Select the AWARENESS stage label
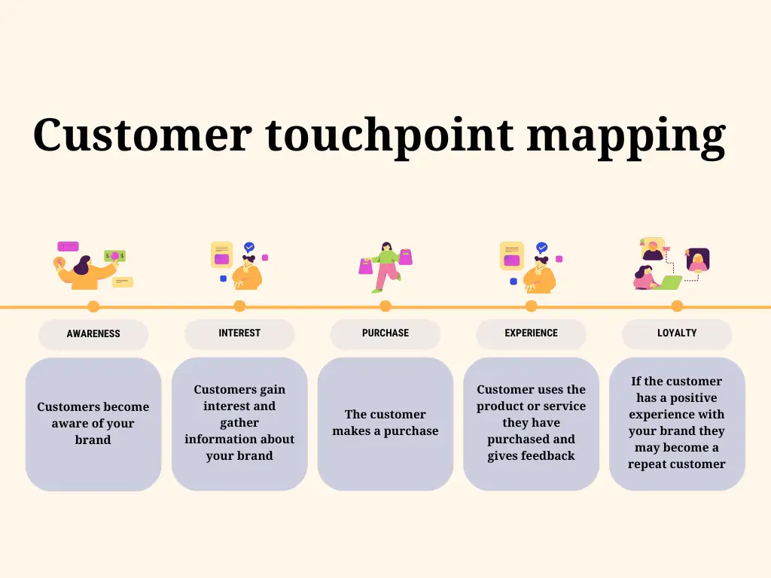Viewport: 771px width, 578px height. click(x=93, y=333)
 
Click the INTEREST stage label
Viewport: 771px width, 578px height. click(x=239, y=333)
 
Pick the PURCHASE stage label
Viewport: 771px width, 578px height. click(x=385, y=333)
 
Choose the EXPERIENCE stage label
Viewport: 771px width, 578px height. click(x=531, y=333)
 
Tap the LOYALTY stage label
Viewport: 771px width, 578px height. click(x=677, y=333)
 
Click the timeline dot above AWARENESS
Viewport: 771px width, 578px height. click(x=93, y=306)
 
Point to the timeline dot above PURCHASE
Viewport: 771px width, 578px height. click(x=385, y=306)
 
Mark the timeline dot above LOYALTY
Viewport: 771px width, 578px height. click(x=677, y=306)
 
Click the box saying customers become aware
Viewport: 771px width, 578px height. click(x=93, y=424)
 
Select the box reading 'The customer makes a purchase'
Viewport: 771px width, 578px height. click(x=385, y=424)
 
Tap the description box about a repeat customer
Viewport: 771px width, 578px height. click(x=677, y=424)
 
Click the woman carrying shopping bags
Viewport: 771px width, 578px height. click(x=385, y=267)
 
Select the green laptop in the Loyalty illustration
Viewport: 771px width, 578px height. click(x=669, y=282)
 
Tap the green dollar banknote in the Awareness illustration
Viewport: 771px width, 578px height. click(x=114, y=256)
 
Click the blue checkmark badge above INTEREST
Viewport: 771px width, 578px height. click(x=249, y=247)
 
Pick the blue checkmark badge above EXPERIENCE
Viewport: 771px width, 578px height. click(x=541, y=247)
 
